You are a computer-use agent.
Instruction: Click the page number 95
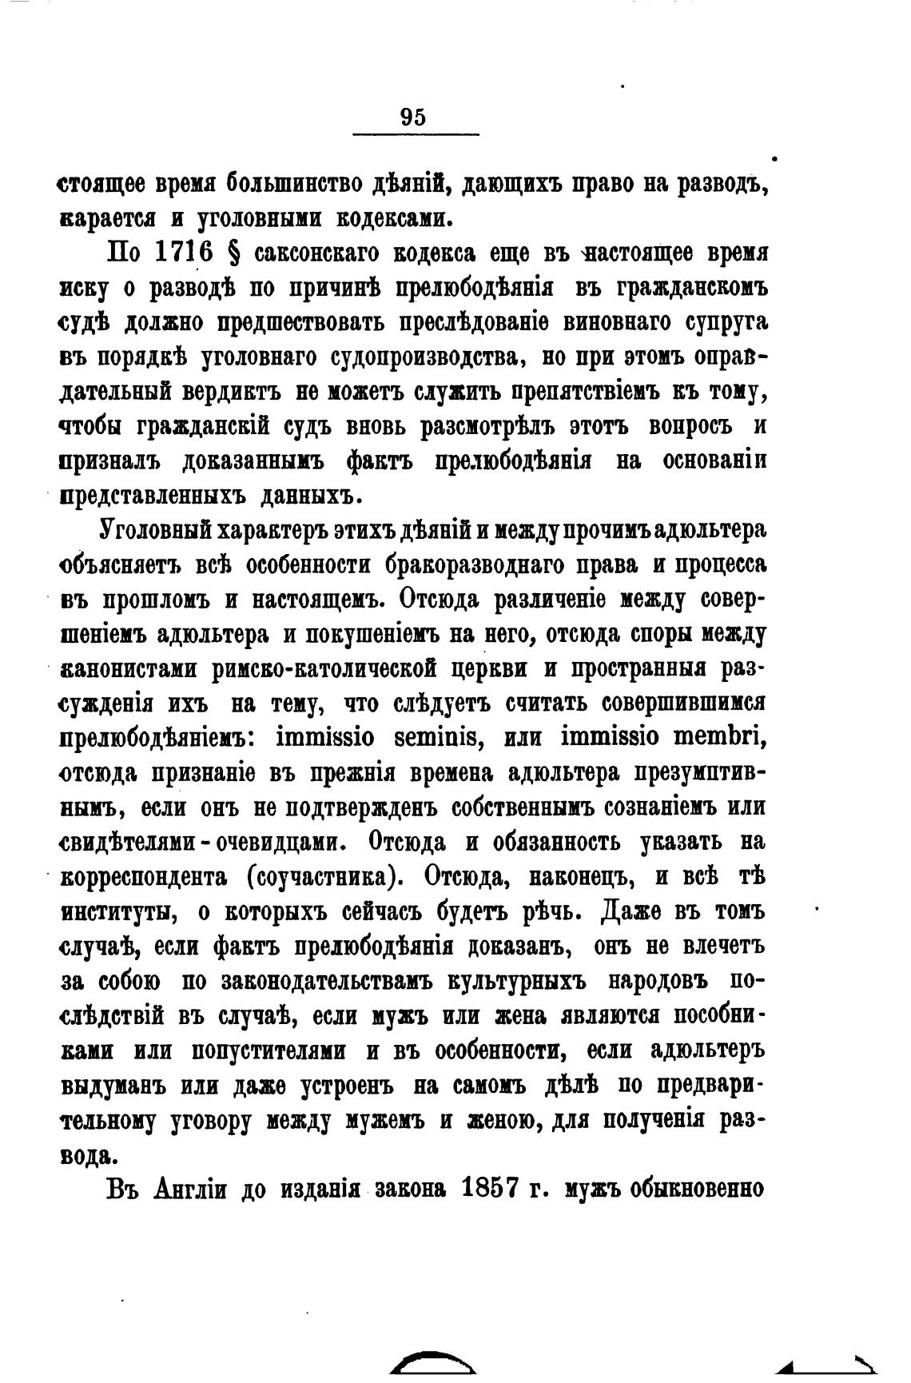point(413,117)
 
